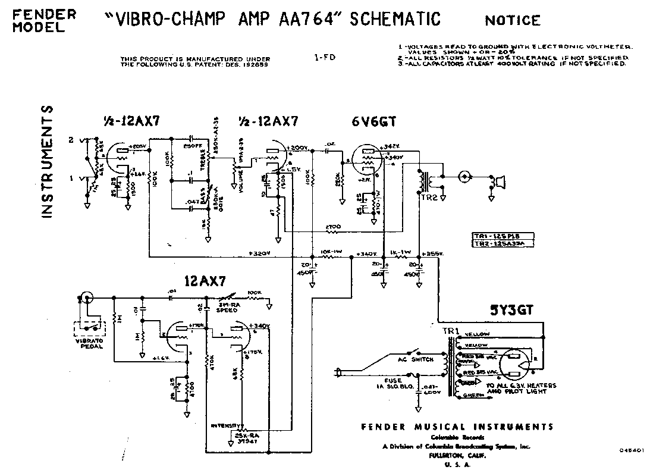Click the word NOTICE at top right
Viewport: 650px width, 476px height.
(513, 21)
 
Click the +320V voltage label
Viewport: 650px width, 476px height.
(259, 253)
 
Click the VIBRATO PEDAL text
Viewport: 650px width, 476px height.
(88, 343)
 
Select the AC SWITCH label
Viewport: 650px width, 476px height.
(420, 359)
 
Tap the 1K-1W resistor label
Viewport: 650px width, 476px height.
(401, 252)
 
